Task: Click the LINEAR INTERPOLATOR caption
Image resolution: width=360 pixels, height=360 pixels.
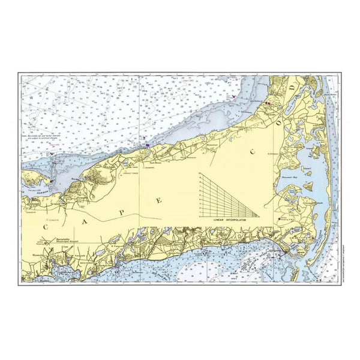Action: click(x=231, y=221)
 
